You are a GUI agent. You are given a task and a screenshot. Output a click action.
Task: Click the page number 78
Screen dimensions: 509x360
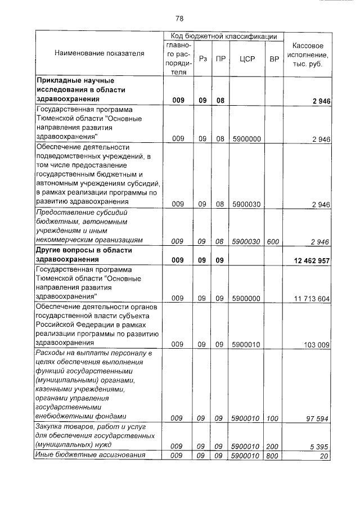(x=180, y=19)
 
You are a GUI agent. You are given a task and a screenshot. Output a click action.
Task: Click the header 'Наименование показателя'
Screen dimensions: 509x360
(x=100, y=53)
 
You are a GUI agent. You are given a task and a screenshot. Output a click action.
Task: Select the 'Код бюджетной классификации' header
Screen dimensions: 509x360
(x=224, y=36)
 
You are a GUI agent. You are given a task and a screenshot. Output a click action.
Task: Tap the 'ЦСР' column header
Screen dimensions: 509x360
(x=247, y=58)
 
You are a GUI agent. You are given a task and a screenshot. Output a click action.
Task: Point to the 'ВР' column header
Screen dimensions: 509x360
(x=274, y=58)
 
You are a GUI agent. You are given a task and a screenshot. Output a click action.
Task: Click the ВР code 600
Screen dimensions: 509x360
(x=274, y=241)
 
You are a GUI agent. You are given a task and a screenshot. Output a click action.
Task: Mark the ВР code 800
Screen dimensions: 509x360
(x=274, y=456)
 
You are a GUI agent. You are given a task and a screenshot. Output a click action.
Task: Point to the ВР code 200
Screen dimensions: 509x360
(x=274, y=446)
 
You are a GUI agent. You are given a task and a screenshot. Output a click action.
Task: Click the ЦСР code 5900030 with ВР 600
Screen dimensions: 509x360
(x=246, y=241)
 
